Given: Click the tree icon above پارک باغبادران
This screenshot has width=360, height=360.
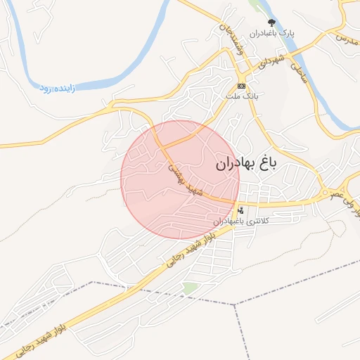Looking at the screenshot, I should click(x=271, y=22).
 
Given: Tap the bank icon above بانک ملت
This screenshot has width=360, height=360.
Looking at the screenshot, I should click(x=242, y=86).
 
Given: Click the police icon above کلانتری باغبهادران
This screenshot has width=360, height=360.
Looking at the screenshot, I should click(x=241, y=210).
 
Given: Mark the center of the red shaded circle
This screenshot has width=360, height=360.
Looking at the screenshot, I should click(x=180, y=180).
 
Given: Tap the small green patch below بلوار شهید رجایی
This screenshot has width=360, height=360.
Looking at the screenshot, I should click(x=190, y=288).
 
